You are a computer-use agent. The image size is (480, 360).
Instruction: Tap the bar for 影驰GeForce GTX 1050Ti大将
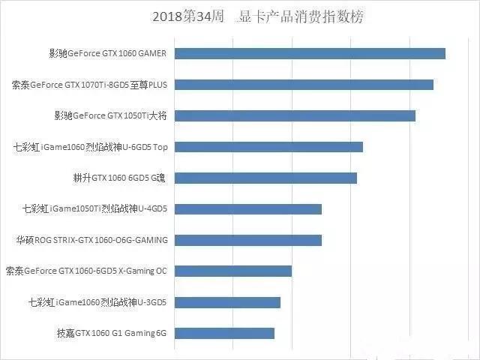pyautogui.click(x=295, y=115)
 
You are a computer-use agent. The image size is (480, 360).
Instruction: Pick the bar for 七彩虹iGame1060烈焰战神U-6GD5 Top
pyautogui.click(x=269, y=147)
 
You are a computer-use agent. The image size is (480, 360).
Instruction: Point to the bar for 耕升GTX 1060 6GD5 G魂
pyautogui.click(x=266, y=178)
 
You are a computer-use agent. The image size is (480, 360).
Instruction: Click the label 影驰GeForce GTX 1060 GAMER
pyautogui.click(x=108, y=53)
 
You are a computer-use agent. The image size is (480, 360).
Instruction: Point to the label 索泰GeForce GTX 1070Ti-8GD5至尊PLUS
pyautogui.click(x=89, y=85)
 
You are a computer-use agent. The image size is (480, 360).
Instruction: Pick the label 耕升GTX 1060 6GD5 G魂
pyautogui.click(x=120, y=178)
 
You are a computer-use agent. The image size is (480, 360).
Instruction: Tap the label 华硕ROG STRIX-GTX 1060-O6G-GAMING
pyautogui.click(x=92, y=240)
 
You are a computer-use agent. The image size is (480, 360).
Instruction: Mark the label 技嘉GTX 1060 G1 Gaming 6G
pyautogui.click(x=112, y=333)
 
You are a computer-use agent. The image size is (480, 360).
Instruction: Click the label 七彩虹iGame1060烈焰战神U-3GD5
pyautogui.click(x=97, y=302)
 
